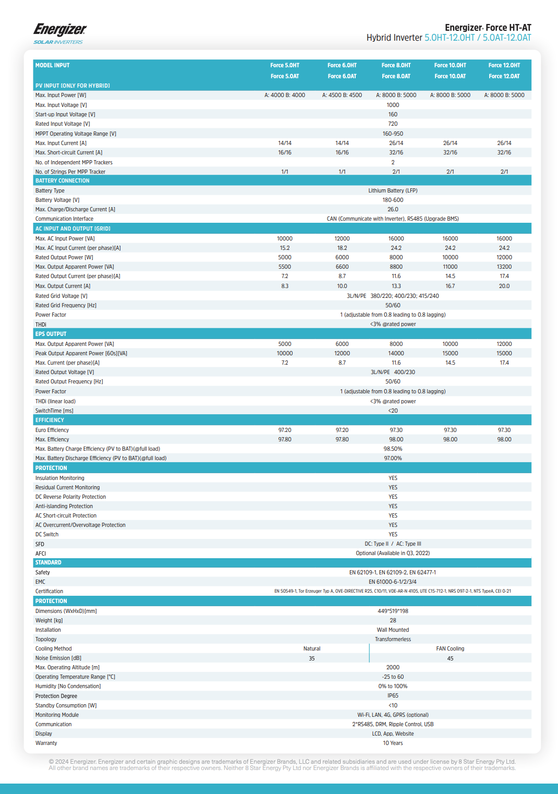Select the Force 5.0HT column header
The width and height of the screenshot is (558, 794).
pyautogui.click(x=285, y=65)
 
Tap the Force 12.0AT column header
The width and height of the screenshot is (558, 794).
pyautogui.click(x=504, y=76)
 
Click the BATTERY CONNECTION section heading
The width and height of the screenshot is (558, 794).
pyautogui.click(x=63, y=181)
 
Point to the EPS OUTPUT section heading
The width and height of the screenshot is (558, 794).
pyautogui.click(x=51, y=334)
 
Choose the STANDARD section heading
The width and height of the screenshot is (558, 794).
pyautogui.click(x=48, y=562)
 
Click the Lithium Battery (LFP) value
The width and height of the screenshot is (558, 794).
pyautogui.click(x=393, y=190)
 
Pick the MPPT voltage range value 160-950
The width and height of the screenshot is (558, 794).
pyautogui.click(x=393, y=134)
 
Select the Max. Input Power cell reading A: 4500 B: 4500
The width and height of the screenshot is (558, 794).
pyautogui.click(x=342, y=95)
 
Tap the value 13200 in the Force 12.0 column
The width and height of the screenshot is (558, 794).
pyautogui.click(x=504, y=267)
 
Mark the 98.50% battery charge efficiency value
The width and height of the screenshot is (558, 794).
pyautogui.click(x=393, y=449)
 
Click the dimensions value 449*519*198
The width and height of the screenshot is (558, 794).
pyautogui.click(x=393, y=611)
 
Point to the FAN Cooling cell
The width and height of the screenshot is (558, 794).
pyautogui.click(x=450, y=648)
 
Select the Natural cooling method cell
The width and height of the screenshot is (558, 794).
pyautogui.click(x=312, y=648)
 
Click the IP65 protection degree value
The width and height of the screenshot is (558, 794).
pyautogui.click(x=393, y=695)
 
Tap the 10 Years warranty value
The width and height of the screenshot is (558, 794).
pyautogui.click(x=393, y=743)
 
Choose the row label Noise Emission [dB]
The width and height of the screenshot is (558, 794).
pyautogui.click(x=58, y=658)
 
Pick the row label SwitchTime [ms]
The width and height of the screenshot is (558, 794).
pyautogui.click(x=54, y=411)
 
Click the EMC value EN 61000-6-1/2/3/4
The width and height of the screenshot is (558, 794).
pyautogui.click(x=393, y=582)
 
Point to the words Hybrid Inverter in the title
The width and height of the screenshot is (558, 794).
pyautogui.click(x=394, y=38)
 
